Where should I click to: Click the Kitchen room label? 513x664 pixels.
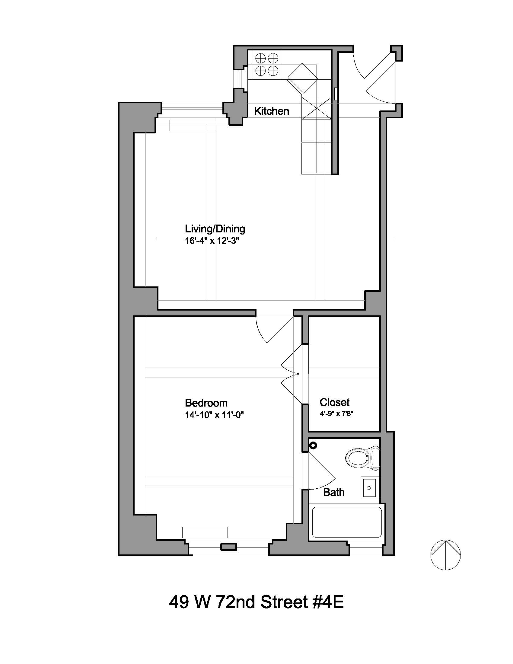[x=271, y=111]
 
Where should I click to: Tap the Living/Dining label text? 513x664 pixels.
[x=215, y=229]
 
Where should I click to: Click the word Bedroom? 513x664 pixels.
[x=206, y=403]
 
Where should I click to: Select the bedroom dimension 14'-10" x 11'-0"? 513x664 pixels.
[x=215, y=415]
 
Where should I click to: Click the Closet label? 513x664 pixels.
[x=334, y=402]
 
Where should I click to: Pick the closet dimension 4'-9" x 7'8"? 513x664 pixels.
[x=336, y=414]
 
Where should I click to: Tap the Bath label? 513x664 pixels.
[x=334, y=492]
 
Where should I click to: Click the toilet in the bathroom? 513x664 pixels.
[x=362, y=458]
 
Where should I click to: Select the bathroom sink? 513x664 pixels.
[x=369, y=488]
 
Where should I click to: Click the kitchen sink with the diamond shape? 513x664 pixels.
[x=303, y=78]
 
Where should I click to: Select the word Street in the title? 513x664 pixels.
[x=284, y=602]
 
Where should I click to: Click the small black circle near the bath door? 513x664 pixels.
[x=313, y=445]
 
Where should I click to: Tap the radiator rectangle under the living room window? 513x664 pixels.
[x=192, y=125]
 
